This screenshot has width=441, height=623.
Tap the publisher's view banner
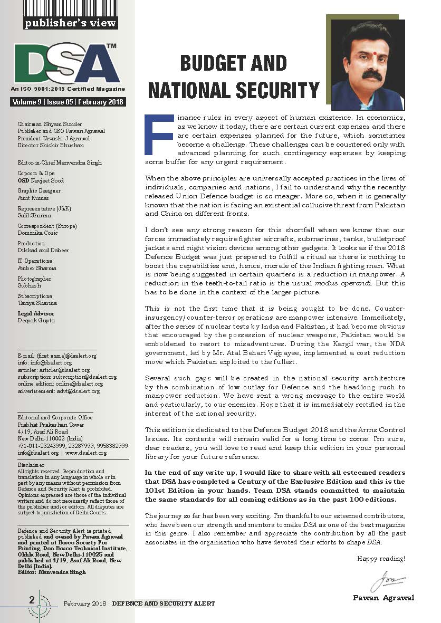point(71,23)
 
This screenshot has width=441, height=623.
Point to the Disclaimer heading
point(31,464)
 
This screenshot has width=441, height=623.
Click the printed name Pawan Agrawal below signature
point(384,598)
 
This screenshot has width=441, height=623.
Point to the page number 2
point(32,600)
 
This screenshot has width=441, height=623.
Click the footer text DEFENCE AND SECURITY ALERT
point(163,603)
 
